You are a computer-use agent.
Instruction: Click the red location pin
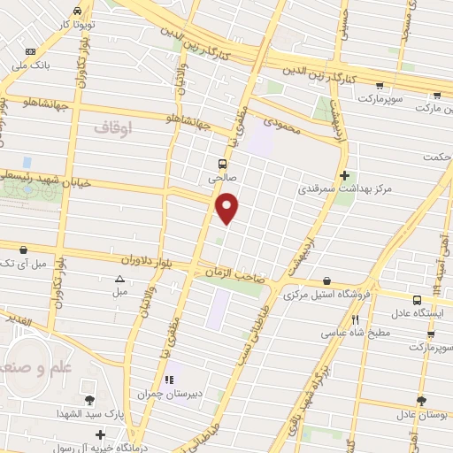pos(228,208)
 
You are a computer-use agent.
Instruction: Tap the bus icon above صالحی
pos(222,163)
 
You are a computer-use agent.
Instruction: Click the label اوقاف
pos(112,128)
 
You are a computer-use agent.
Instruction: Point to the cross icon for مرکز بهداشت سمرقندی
pos(345,175)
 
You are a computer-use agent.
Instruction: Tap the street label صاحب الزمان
pos(237,274)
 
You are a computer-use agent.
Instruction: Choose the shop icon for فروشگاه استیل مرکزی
pos(327,281)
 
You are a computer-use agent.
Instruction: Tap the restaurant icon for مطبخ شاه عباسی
pos(355,320)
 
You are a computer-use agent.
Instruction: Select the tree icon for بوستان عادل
pos(421,401)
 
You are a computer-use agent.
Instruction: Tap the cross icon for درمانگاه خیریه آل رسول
pos(103,434)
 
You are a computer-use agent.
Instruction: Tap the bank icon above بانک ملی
pos(30,52)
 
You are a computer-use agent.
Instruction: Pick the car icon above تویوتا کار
pos(77,11)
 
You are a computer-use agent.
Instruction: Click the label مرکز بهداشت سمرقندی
pos(345,189)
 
